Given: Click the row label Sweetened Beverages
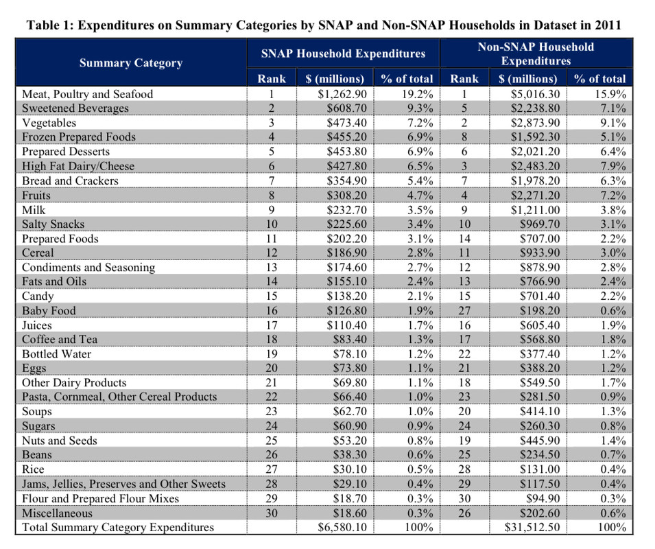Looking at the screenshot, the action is pyautogui.click(x=75, y=108).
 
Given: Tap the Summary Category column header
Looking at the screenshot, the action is pyautogui.click(x=131, y=62).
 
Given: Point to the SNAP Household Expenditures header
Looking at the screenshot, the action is pyautogui.click(x=343, y=54).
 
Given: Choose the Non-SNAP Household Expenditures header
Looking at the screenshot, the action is pyautogui.click(x=536, y=54).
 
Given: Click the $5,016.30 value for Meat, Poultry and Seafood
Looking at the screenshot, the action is pyautogui.click(x=535, y=94).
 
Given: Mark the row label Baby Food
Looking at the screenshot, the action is pyautogui.click(x=49, y=311).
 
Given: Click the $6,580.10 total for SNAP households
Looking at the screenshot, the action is pyautogui.click(x=342, y=527).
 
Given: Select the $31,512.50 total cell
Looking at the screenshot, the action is pyautogui.click(x=532, y=527).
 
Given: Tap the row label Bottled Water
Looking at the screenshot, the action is pyautogui.click(x=56, y=354).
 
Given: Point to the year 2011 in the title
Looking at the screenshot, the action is pyautogui.click(x=608, y=25).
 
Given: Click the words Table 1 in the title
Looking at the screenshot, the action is pyautogui.click(x=50, y=25).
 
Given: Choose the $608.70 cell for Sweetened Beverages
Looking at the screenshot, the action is pyautogui.click(x=347, y=108).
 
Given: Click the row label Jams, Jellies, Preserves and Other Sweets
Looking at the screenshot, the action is pyautogui.click(x=123, y=484).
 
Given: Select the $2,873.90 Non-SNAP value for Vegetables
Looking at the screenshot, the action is pyautogui.click(x=535, y=123).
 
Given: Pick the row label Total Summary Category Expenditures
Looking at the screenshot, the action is pyautogui.click(x=118, y=527).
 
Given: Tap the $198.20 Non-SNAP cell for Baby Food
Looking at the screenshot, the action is pyautogui.click(x=540, y=311).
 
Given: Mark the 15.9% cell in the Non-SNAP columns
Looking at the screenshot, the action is pyautogui.click(x=610, y=94).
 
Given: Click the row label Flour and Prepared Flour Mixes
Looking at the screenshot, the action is pyautogui.click(x=100, y=498).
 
